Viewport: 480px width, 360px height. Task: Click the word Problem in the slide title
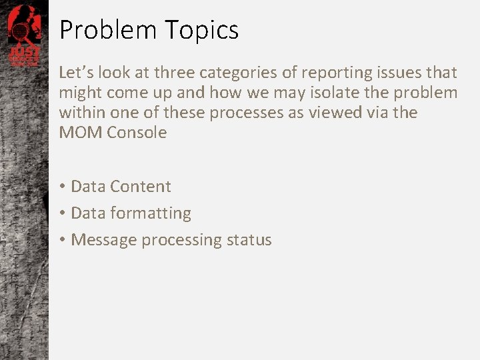(x=107, y=30)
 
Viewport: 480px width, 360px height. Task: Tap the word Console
(x=137, y=133)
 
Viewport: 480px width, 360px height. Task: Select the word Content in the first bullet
(x=141, y=187)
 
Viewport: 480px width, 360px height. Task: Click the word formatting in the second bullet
(x=151, y=213)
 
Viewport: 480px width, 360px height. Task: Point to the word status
(x=248, y=240)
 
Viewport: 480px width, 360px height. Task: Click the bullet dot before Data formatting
(x=63, y=213)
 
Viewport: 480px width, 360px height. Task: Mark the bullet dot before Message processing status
(x=63, y=240)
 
